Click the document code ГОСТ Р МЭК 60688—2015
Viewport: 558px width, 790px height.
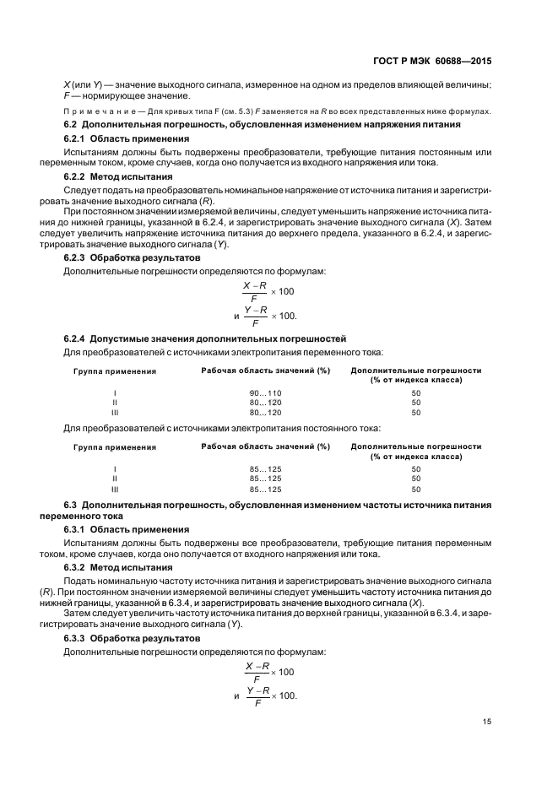click(433, 60)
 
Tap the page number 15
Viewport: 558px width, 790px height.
click(486, 721)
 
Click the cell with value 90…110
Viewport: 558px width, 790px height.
click(265, 392)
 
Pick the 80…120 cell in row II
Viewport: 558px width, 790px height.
click(265, 403)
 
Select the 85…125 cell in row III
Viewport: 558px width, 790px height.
click(265, 489)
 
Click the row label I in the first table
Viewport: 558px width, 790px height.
click(115, 392)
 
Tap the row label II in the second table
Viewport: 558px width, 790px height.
click(115, 479)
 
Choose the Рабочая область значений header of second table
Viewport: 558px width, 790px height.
click(265, 446)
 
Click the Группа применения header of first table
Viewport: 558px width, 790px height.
click(115, 371)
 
